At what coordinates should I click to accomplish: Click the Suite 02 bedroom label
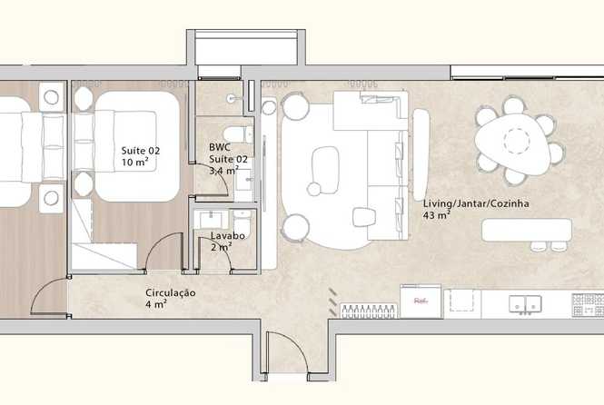141,151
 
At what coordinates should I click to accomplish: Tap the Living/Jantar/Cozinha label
476,203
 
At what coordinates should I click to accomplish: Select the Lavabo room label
228,235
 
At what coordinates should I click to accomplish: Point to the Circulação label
170,292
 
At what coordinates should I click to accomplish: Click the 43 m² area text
437,215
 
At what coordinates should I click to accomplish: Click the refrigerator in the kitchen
421,301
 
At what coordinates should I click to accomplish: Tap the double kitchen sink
525,303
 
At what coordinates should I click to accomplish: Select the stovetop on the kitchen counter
588,305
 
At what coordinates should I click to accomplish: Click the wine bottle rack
368,311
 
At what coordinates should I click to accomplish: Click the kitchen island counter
527,230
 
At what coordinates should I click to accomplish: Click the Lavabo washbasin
210,220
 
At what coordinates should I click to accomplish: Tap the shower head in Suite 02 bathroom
232,98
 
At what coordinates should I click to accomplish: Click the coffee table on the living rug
325,170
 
